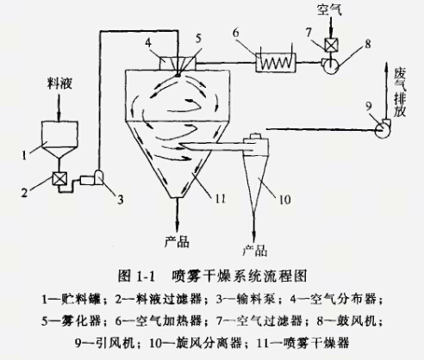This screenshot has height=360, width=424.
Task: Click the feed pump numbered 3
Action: click(x=97, y=177)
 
